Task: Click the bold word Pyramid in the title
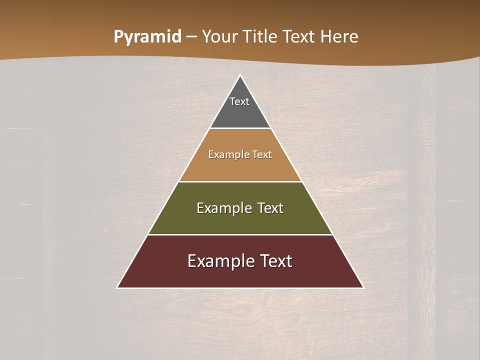(x=147, y=37)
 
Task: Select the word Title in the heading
(x=260, y=37)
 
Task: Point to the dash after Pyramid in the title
(x=191, y=37)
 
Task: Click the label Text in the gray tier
(x=239, y=101)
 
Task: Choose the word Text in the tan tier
(x=262, y=154)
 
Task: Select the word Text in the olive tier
(x=270, y=208)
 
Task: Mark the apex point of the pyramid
(x=240, y=76)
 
